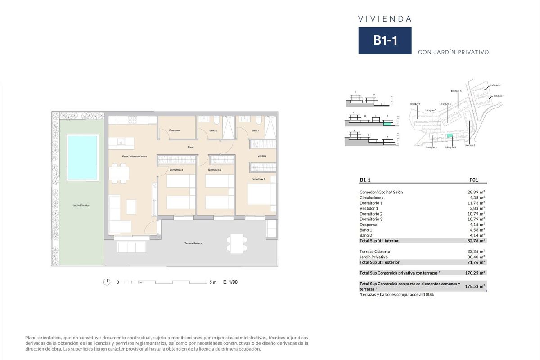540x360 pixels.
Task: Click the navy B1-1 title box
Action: tap(385, 40)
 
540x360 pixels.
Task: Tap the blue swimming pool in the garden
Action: tap(82, 157)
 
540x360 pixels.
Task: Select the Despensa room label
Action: tap(175, 130)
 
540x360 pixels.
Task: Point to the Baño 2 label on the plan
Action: tap(213, 130)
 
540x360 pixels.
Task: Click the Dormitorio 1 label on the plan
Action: tap(258, 179)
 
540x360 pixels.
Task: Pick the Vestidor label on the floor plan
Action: tap(262, 156)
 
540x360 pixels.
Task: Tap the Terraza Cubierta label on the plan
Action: tap(193, 243)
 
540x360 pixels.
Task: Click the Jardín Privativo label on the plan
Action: tap(81, 205)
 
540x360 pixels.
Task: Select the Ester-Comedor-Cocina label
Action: tap(135, 156)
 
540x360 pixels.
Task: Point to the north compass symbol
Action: tap(107, 282)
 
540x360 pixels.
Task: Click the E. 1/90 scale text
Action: tap(230, 282)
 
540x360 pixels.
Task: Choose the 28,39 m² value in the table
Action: tap(476, 192)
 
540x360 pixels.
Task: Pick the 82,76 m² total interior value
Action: tap(476, 241)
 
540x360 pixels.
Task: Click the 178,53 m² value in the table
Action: tap(476, 286)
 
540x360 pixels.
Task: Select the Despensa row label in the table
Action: tap(369, 225)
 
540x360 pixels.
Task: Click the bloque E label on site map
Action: tap(470, 145)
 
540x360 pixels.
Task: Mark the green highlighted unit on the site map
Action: tap(449, 136)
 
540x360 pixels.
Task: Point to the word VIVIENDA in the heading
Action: tap(385, 19)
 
